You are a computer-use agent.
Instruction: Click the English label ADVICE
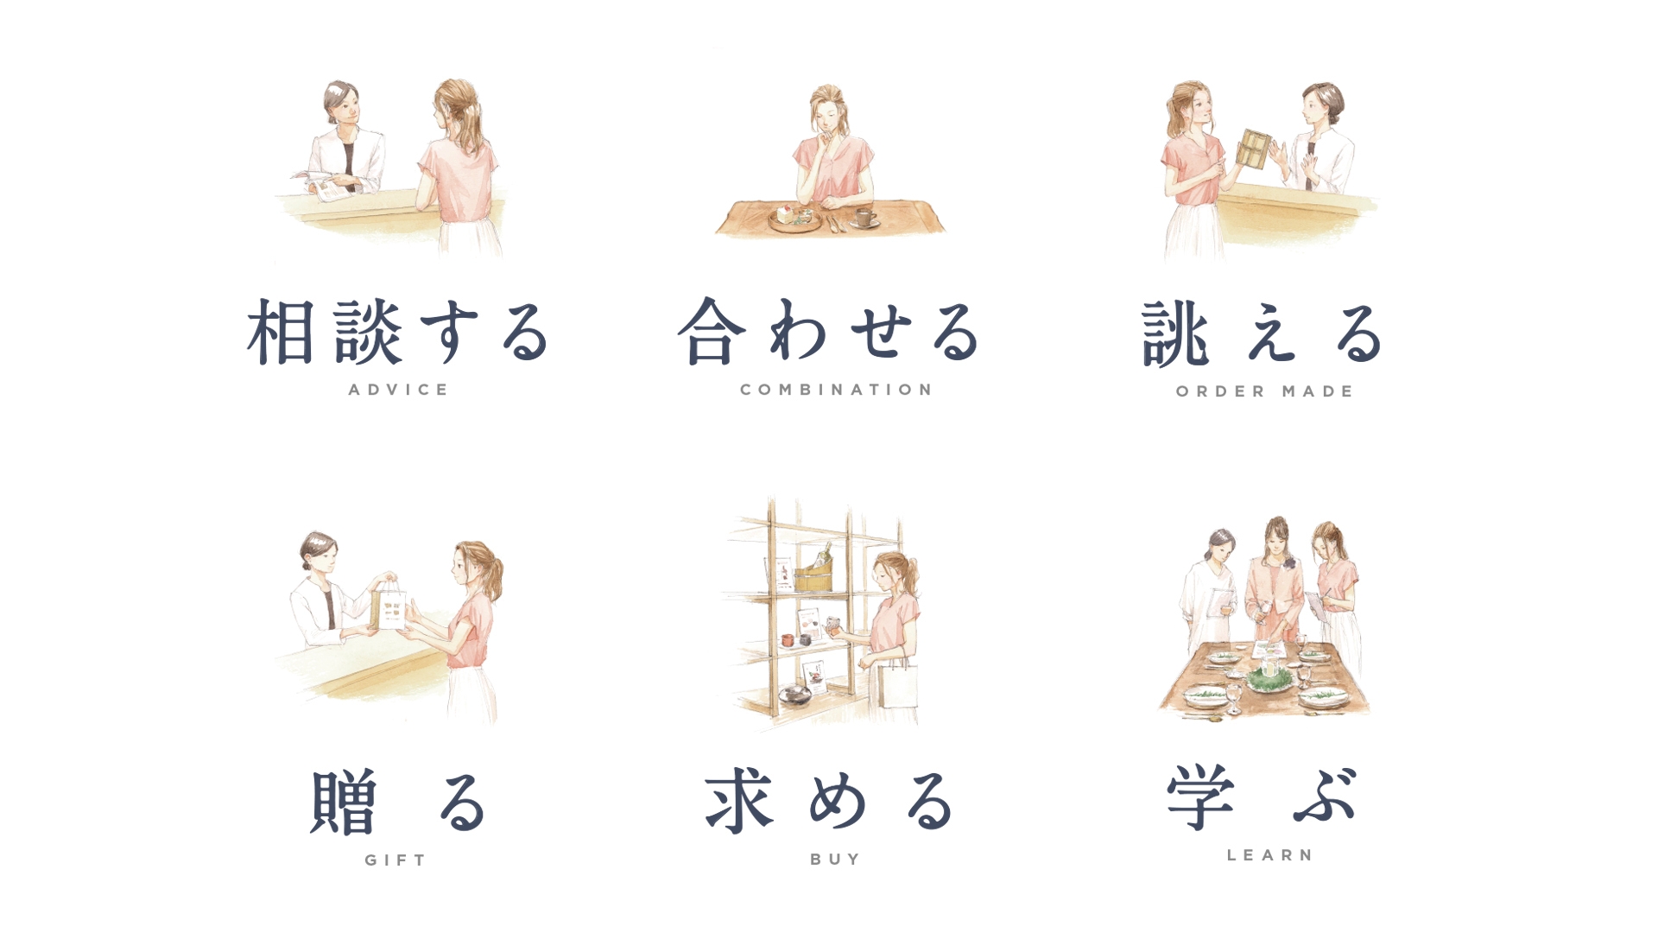tap(398, 390)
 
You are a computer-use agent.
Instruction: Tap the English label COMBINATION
tap(836, 390)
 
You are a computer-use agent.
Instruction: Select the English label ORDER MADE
tap(1264, 391)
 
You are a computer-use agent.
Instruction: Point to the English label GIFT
tap(396, 860)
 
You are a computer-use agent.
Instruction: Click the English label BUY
tap(835, 859)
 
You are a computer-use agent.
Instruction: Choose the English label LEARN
tap(1270, 855)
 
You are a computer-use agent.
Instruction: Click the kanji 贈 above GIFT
tap(345, 802)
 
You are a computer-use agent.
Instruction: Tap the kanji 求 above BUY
tap(738, 802)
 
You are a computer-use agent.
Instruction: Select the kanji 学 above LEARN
tap(1200, 797)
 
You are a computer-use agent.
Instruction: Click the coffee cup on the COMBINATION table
tap(865, 217)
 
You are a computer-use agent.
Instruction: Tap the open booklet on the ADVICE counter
tap(321, 184)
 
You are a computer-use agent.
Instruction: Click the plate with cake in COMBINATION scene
tap(794, 218)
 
